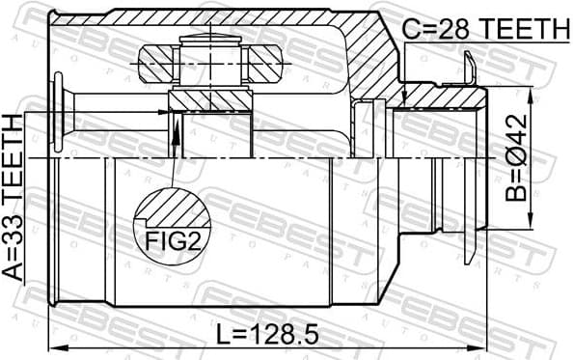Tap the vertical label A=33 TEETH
(x=14, y=197)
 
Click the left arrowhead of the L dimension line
(x=56, y=347)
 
